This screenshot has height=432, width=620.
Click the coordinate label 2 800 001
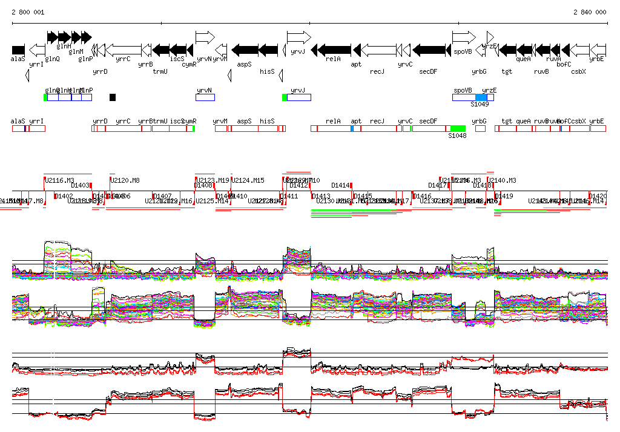point(28,12)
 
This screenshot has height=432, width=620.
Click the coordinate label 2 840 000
point(589,12)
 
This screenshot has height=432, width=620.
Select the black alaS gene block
point(18,50)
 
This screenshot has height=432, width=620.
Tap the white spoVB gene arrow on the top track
point(464,38)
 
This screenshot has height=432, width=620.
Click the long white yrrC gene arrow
point(127,50)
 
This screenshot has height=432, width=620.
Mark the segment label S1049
point(480,104)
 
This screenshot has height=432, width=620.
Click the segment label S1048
point(457,136)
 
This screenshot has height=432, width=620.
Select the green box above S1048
point(458,128)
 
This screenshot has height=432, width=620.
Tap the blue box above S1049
point(481,97)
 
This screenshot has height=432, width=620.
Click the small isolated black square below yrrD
point(113,97)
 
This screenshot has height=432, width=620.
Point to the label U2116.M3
point(59,180)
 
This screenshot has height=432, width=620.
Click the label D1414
point(341,185)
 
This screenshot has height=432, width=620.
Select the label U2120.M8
point(125,180)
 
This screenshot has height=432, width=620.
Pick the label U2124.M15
point(248,180)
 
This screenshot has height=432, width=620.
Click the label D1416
point(423,196)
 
